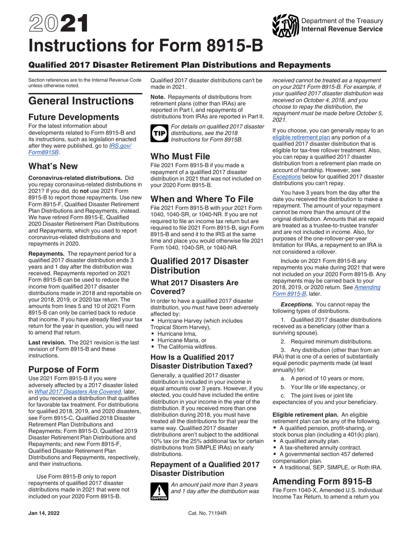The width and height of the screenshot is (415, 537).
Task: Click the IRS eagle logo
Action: [x=285, y=25]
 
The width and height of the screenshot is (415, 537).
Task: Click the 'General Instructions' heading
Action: [x=81, y=101]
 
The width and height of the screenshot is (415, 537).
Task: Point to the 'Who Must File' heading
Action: [x=180, y=156]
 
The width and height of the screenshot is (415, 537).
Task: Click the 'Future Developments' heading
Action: [x=73, y=117]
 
